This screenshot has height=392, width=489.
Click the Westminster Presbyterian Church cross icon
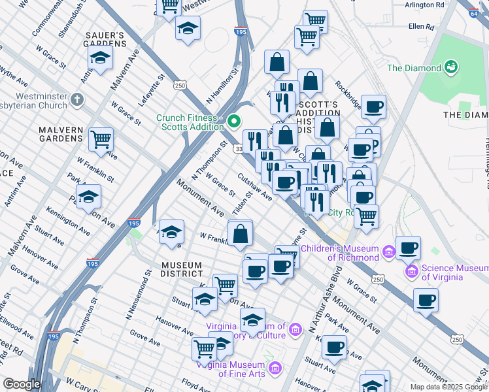[78, 100]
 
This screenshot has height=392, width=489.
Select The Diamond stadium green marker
[450, 67]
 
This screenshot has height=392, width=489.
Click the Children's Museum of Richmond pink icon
[389, 252]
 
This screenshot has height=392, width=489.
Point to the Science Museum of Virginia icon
[411, 270]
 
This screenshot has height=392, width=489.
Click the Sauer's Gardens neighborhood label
[104, 39]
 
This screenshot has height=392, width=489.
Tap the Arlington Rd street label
[424, 5]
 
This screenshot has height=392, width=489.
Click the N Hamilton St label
[222, 88]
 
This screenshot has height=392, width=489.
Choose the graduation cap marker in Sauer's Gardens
[99, 58]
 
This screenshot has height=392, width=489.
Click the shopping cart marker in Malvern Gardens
[101, 139]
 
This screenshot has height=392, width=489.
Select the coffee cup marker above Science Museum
[408, 248]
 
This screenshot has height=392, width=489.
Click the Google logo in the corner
[21, 384]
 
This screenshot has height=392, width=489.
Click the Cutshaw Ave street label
[255, 186]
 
